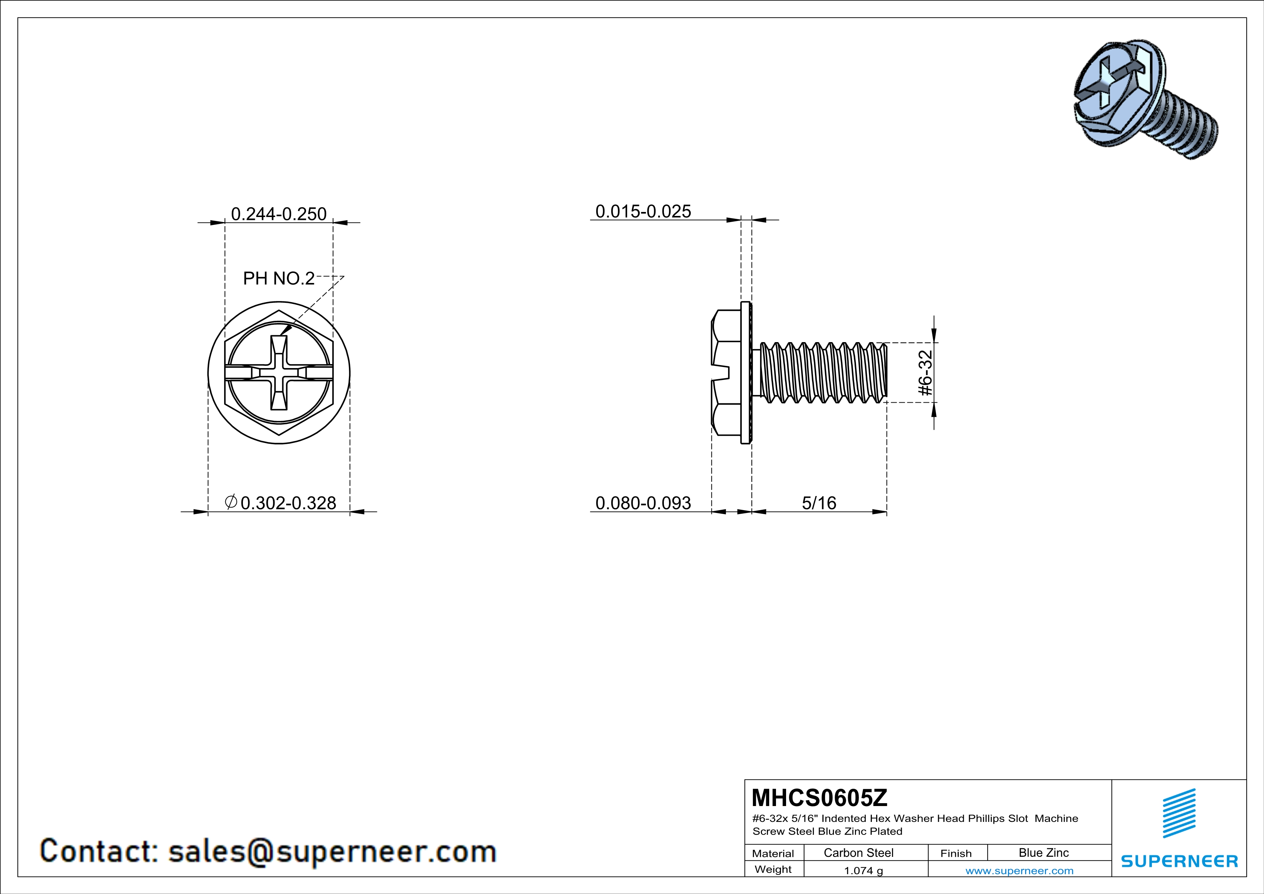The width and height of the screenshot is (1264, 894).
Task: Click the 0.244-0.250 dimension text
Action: (279, 214)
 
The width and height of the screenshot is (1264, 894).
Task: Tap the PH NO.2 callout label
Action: (279, 279)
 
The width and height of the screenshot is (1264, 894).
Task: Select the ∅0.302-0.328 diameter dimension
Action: (281, 503)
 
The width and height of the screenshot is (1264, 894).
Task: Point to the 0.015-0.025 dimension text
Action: (643, 211)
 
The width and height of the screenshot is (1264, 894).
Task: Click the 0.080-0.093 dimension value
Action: (643, 503)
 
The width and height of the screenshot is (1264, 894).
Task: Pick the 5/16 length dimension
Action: (819, 503)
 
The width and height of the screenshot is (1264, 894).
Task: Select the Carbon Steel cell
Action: (858, 853)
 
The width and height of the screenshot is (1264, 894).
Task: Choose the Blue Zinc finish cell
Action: (1043, 853)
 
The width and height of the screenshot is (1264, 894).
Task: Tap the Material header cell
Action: (773, 853)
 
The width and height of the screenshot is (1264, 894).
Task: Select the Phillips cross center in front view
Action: (279, 373)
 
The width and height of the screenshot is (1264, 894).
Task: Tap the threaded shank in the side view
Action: (823, 373)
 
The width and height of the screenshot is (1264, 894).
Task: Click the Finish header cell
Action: (956, 853)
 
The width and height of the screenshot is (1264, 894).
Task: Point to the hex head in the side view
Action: (726, 373)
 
